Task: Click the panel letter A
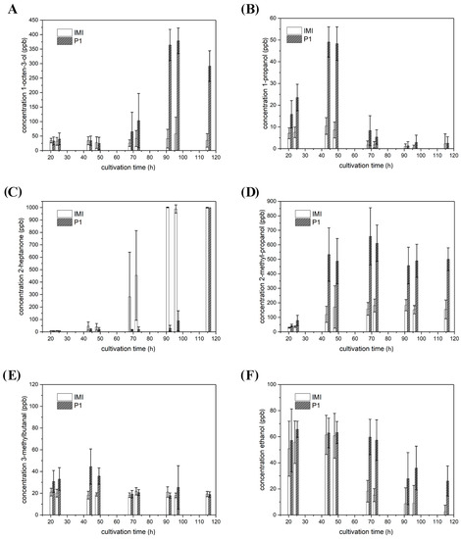point(8,7)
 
